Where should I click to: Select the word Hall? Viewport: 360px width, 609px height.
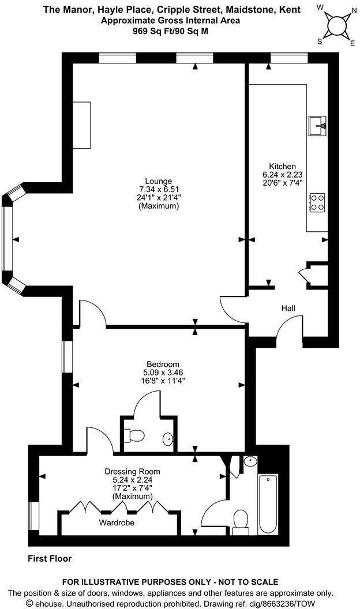pyautogui.click(x=288, y=309)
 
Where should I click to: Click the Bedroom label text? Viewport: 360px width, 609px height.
pyautogui.click(x=162, y=364)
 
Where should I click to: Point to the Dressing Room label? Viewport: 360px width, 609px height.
pyautogui.click(x=133, y=471)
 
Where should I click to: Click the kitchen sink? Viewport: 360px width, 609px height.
pyautogui.click(x=318, y=125)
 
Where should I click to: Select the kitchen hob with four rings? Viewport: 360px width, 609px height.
pyautogui.click(x=317, y=202)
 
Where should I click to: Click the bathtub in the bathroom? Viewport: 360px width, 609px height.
pyautogui.click(x=268, y=505)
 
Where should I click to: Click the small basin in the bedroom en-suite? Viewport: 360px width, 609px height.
pyautogui.click(x=168, y=439)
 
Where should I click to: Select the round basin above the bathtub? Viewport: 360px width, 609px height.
pyautogui.click(x=250, y=461)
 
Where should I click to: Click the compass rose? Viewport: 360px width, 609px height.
pyautogui.click(x=336, y=24)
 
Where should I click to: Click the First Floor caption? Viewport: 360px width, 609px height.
pyautogui.click(x=50, y=558)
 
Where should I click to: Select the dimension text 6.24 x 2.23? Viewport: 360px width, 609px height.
pyautogui.click(x=282, y=174)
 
